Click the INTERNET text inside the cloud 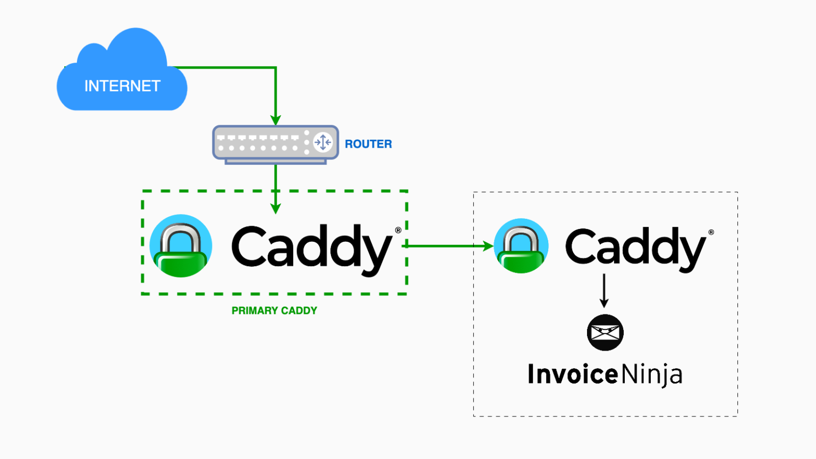(122, 86)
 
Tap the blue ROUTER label (368, 144)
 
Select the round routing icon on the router (322, 142)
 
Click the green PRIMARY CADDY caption (274, 311)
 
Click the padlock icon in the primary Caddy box (181, 246)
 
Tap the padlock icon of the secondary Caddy (521, 246)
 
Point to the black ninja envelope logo (605, 333)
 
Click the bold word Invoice (573, 374)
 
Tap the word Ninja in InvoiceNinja (652, 375)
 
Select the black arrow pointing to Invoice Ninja (604, 291)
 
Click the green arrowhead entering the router (275, 120)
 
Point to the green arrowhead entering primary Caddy (275, 208)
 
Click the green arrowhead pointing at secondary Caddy (488, 246)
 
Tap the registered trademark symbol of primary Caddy (398, 230)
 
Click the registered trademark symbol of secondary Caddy (711, 232)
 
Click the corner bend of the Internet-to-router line (275, 67)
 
